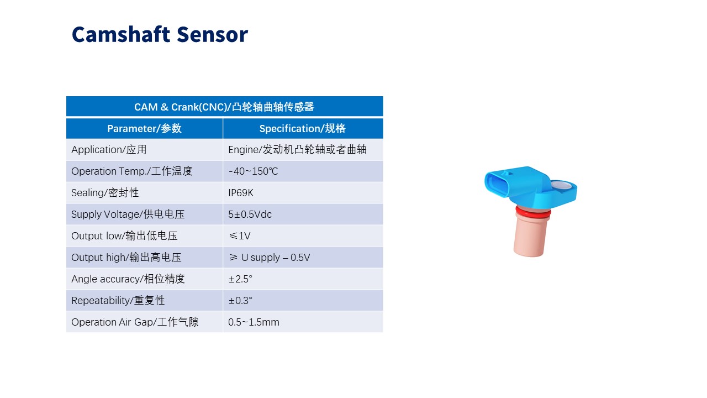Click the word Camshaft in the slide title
[x=121, y=34]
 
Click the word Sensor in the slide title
[x=213, y=34]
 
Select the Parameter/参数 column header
[x=144, y=129]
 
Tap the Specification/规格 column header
[x=302, y=129]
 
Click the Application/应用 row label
[x=109, y=149]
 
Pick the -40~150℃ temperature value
[x=253, y=171]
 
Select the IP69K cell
[x=241, y=193]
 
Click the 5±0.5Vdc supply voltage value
[x=250, y=214]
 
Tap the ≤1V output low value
[x=240, y=235]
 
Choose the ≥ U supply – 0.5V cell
[x=269, y=258]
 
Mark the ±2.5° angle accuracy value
[x=240, y=279]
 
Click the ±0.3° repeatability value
[x=240, y=300]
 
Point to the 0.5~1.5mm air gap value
[x=254, y=322]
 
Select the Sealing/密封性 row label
[x=105, y=193]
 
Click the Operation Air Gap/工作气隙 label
[x=135, y=322]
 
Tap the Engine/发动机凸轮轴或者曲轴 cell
[x=297, y=149]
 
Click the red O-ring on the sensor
[x=533, y=212]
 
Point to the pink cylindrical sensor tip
[x=531, y=235]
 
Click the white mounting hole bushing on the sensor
[x=561, y=185]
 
